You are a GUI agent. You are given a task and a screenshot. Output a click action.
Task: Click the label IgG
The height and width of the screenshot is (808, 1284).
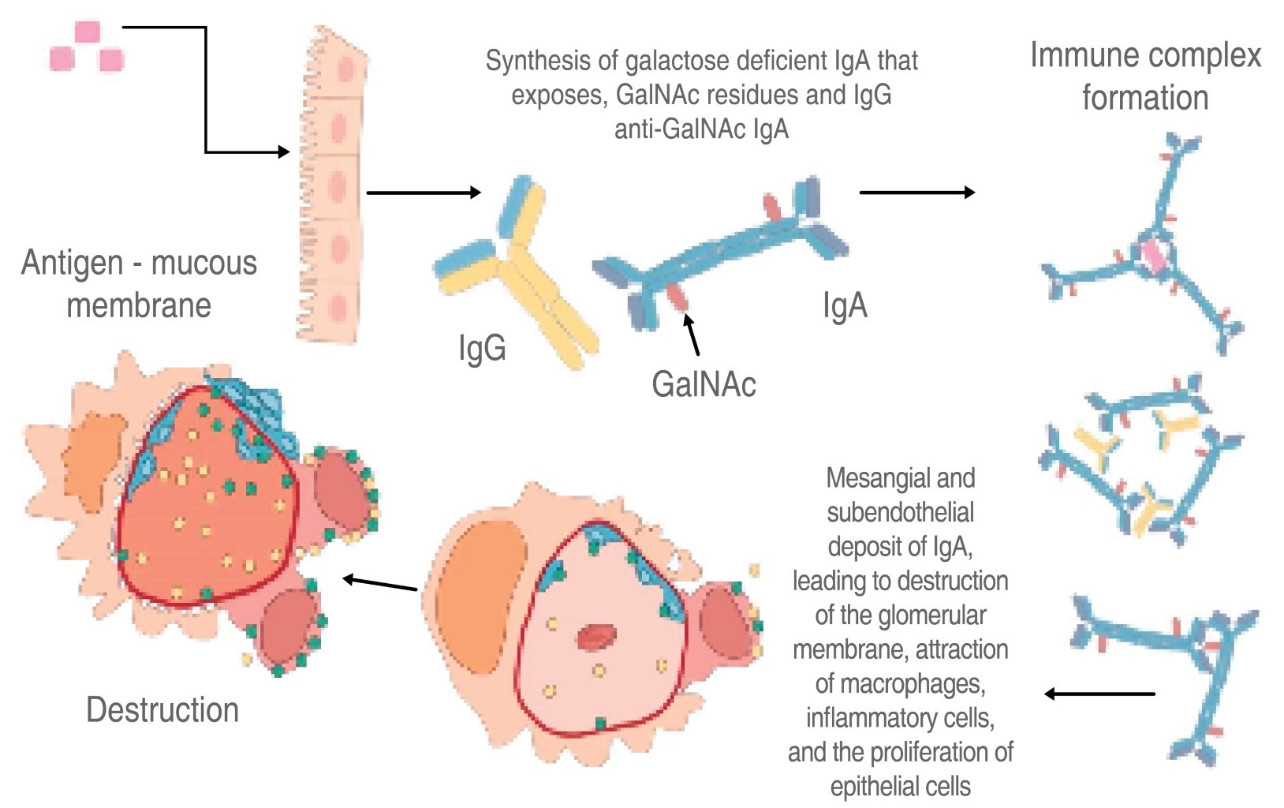click(x=482, y=348)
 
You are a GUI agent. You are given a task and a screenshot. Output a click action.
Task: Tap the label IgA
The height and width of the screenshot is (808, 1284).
click(x=845, y=306)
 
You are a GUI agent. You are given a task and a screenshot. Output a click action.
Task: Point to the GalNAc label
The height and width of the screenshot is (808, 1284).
click(x=704, y=385)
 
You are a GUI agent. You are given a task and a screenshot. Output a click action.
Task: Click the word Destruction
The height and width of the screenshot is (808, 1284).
click(x=162, y=710)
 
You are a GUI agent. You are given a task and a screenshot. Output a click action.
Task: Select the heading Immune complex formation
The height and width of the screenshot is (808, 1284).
click(x=1145, y=77)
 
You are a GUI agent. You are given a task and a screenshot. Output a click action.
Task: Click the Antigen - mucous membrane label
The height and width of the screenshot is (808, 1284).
click(x=139, y=284)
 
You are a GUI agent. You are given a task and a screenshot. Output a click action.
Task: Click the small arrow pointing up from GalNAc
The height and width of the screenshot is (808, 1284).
click(x=692, y=335)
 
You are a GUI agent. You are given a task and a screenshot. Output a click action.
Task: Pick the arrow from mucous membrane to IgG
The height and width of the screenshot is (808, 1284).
click(x=424, y=193)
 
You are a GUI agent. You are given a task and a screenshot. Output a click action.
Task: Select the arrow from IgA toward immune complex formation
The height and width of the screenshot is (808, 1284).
click(x=916, y=192)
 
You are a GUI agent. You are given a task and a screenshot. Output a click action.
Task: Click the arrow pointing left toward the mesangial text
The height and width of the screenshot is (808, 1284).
click(x=1099, y=694)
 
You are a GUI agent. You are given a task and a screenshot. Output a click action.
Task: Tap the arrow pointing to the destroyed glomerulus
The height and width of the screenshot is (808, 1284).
click(x=380, y=584)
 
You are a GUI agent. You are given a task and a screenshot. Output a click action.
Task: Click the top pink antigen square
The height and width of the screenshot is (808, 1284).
click(x=88, y=33)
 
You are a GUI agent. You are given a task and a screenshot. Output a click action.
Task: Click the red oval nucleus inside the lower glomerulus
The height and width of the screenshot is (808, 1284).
click(x=598, y=636)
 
